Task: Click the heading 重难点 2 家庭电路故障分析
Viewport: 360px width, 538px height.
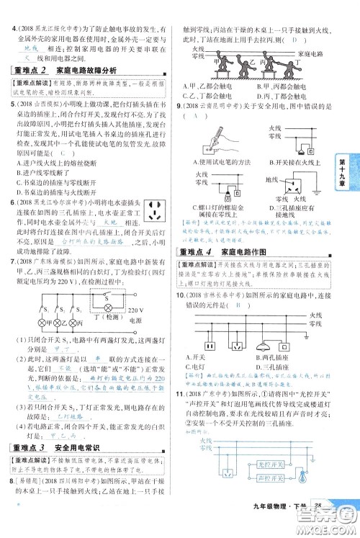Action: (66, 71)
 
